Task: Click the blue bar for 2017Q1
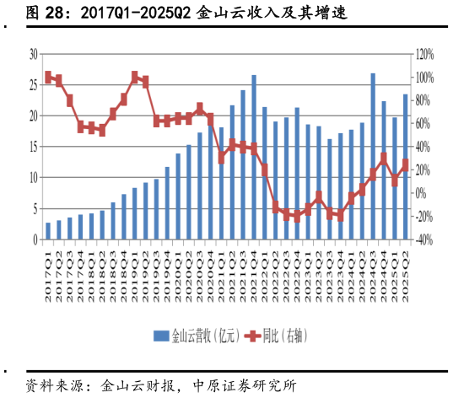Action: (x=48, y=231)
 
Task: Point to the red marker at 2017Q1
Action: (x=48, y=77)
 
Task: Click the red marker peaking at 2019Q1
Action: (x=135, y=77)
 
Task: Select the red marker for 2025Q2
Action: (x=405, y=165)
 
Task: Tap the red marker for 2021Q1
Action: (x=222, y=158)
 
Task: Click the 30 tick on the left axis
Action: (x=34, y=53)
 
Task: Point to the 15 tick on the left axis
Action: (x=34, y=147)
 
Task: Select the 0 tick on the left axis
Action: (x=35, y=239)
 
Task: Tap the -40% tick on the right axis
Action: (x=423, y=239)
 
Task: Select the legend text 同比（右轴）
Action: (x=283, y=336)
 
